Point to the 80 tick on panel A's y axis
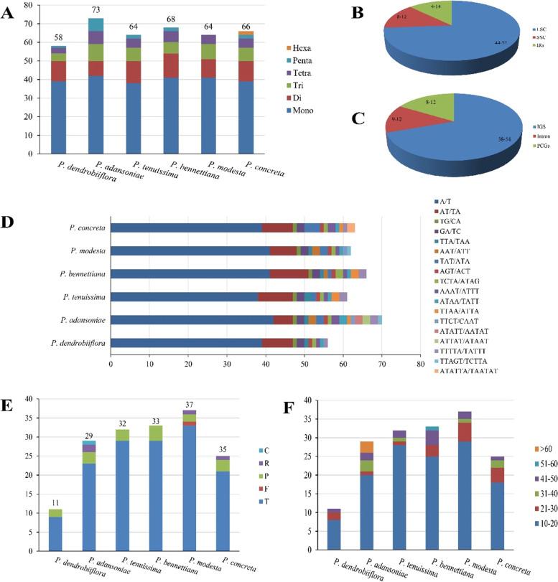28,5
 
